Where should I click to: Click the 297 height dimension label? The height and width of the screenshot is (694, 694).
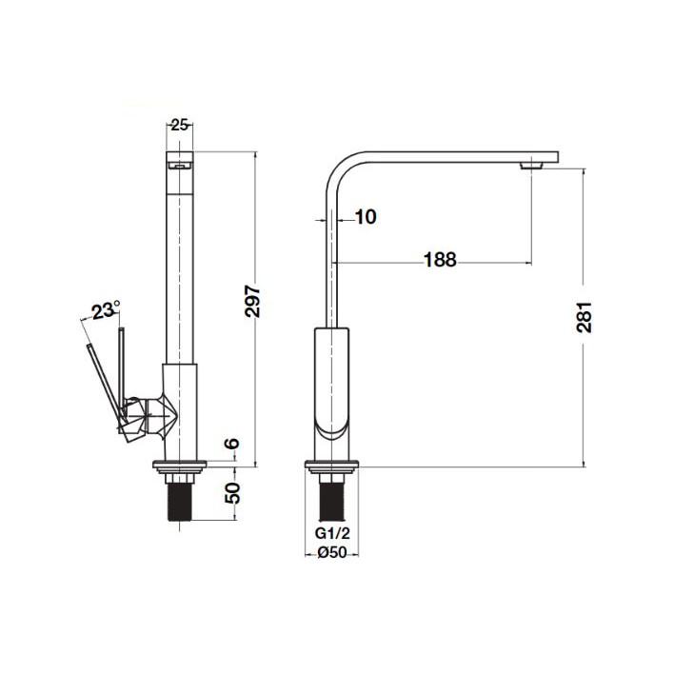point(252,301)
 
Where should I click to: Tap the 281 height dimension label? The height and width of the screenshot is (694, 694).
point(585,317)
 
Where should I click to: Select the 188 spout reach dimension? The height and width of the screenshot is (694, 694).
point(440,260)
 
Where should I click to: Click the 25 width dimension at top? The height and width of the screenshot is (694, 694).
point(179,126)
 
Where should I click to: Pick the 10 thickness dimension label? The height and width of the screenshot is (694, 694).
point(366,217)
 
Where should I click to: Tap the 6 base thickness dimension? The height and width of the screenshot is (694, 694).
point(232,443)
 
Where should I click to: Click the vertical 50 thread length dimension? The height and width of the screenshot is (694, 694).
point(232,492)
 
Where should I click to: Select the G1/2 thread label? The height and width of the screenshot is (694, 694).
point(332,533)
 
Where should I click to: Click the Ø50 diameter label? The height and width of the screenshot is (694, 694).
point(332,552)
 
